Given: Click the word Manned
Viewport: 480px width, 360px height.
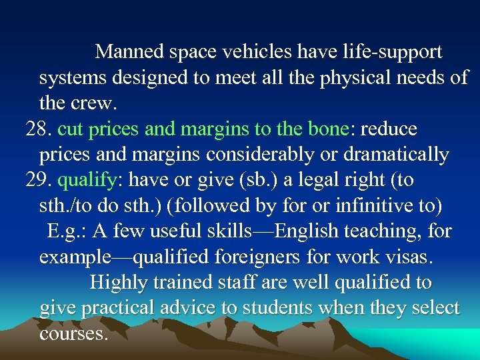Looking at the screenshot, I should point(130,51).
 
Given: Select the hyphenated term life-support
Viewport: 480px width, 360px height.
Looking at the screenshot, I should point(388,51).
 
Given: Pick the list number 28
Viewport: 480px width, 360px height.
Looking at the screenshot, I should point(37,129).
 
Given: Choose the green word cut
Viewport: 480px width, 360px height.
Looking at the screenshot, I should point(71,129).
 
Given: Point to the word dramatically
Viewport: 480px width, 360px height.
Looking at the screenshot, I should point(396,155).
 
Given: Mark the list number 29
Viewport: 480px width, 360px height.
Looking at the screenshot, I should point(37,180).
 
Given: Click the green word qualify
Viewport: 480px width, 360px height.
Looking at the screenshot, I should point(86,181).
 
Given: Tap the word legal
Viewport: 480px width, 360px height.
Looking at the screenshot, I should point(289,180).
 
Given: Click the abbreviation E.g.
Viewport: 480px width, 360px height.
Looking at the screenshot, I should point(65,231).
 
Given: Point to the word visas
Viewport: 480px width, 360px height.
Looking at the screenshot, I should point(407,257).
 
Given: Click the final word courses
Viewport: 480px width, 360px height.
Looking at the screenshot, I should point(73,333).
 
